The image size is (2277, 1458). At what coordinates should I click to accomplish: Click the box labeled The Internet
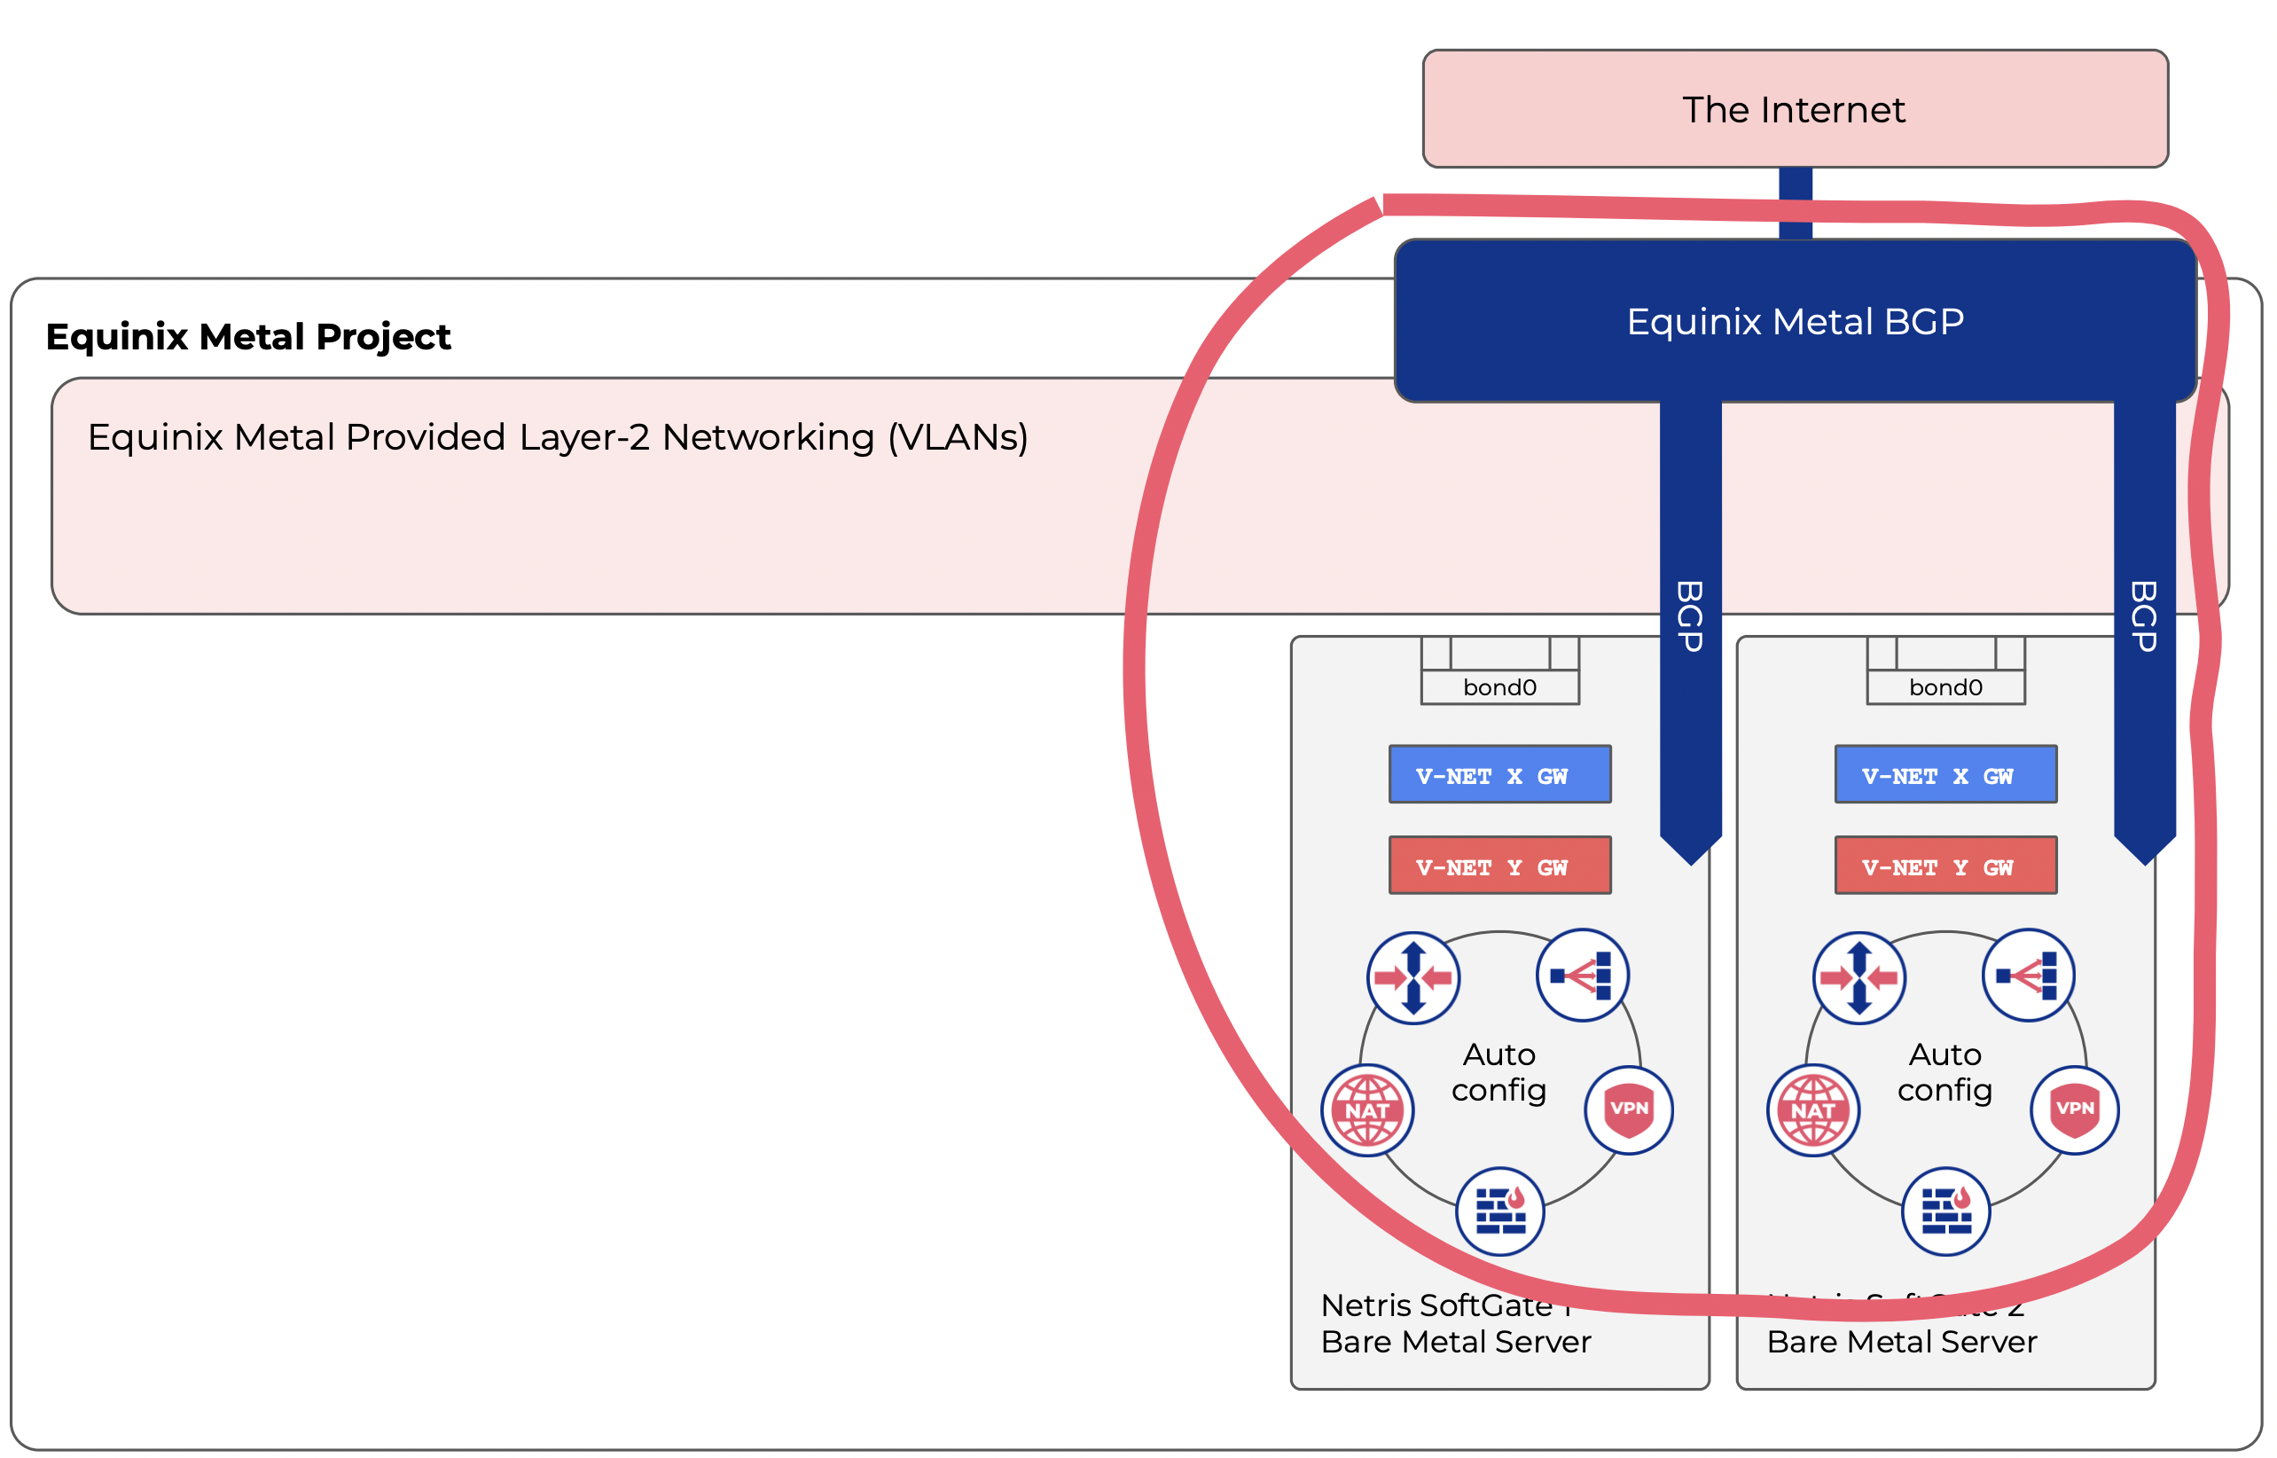point(1795,110)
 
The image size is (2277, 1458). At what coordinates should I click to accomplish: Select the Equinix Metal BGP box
point(1795,322)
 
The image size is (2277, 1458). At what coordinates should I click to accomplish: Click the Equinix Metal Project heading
point(248,337)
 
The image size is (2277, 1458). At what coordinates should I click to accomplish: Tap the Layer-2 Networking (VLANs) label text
point(558,437)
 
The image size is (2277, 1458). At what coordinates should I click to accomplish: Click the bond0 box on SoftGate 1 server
point(1499,687)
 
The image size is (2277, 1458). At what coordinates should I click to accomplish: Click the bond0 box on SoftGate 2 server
point(1944,687)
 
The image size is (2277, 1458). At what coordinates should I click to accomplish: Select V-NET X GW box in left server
point(1499,775)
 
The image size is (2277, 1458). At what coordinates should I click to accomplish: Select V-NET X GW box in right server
point(1944,775)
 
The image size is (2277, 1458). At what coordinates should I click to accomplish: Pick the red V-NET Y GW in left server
point(1499,866)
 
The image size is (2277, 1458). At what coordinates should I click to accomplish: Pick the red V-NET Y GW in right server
point(1944,866)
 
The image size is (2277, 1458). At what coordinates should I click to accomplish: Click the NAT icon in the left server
point(1367,1110)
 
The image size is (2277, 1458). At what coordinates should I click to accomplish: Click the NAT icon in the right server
point(1813,1110)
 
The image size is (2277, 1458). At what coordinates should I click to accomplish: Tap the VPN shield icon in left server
point(1629,1109)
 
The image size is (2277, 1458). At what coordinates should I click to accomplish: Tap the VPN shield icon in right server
point(2075,1109)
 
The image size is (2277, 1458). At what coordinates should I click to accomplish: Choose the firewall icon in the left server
point(1500,1211)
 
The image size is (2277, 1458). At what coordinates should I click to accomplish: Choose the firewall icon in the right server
point(1945,1211)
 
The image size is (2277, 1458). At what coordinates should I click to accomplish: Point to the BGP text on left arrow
point(1690,616)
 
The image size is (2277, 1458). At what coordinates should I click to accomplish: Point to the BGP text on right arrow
point(2144,616)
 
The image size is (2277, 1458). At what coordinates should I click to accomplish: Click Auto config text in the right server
point(1944,1071)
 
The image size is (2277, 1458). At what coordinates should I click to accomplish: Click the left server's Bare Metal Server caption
point(1456,1342)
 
